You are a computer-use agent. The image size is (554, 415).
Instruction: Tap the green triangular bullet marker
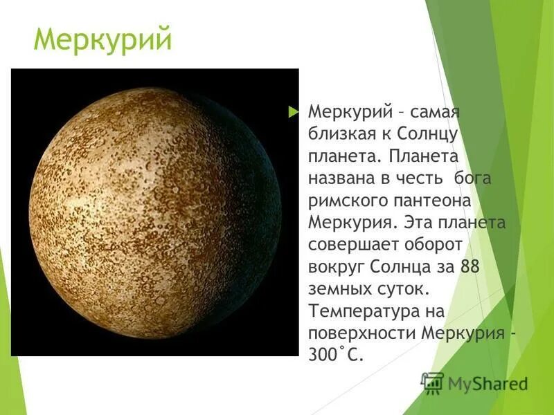pos(293,111)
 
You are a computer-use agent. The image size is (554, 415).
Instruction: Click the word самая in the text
pos(435,112)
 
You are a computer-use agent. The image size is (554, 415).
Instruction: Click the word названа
pos(342,178)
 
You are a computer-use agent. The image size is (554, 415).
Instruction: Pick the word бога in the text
pos(472,178)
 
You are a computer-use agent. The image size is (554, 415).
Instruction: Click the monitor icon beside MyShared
pos(432,382)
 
